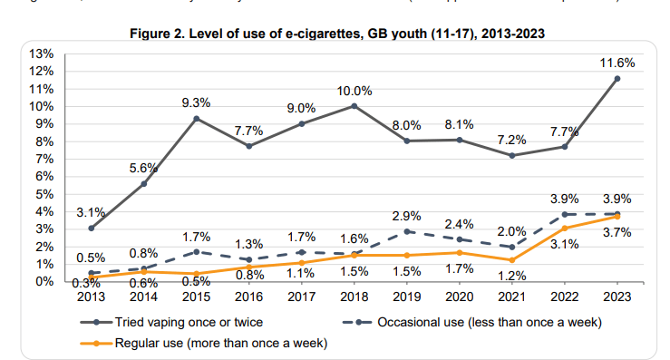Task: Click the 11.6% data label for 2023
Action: coord(617,63)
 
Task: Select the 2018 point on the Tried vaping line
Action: coord(354,106)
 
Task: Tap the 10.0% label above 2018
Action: coord(354,90)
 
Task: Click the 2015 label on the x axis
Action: coord(196,295)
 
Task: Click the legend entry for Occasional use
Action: coord(472,321)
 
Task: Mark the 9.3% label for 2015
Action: coord(196,102)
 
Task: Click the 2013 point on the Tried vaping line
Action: coord(91,228)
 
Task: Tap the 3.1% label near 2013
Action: coord(91,211)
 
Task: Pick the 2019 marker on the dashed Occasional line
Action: coord(406,231)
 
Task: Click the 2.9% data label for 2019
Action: coord(406,215)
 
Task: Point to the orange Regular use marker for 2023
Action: coord(617,217)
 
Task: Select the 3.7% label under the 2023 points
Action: coord(617,233)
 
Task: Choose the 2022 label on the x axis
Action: coord(565,295)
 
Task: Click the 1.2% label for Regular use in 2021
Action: coord(512,276)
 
